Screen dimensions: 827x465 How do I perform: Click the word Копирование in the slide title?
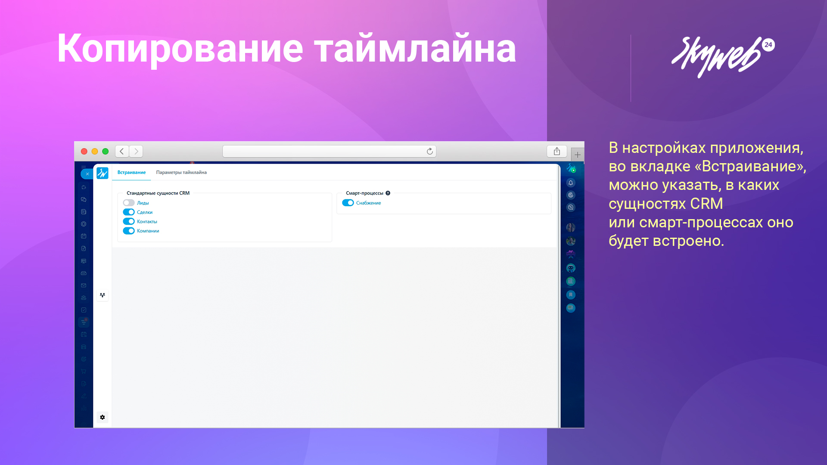pyautogui.click(x=180, y=48)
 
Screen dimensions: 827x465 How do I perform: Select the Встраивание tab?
pyautogui.click(x=131, y=172)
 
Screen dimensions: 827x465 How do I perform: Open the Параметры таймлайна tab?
pyautogui.click(x=181, y=172)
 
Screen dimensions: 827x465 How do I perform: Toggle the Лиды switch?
pyautogui.click(x=129, y=203)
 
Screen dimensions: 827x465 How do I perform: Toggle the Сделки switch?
pyautogui.click(x=129, y=212)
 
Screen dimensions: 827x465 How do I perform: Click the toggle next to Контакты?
pyautogui.click(x=129, y=221)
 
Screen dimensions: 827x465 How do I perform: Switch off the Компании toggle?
pyautogui.click(x=129, y=231)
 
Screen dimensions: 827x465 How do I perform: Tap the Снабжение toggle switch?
pyautogui.click(x=348, y=203)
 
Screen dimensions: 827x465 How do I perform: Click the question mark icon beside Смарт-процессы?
pyautogui.click(x=388, y=193)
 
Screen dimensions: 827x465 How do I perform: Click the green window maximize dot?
pyautogui.click(x=105, y=151)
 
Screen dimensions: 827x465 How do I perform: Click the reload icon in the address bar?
pyautogui.click(x=429, y=151)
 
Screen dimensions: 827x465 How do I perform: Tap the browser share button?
pyautogui.click(x=557, y=151)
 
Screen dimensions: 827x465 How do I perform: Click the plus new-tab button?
pyautogui.click(x=578, y=155)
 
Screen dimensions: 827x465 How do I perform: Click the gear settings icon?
pyautogui.click(x=103, y=417)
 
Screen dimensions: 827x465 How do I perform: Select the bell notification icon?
pyautogui.click(x=571, y=183)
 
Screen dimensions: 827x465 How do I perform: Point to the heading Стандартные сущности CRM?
pyautogui.click(x=158, y=193)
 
